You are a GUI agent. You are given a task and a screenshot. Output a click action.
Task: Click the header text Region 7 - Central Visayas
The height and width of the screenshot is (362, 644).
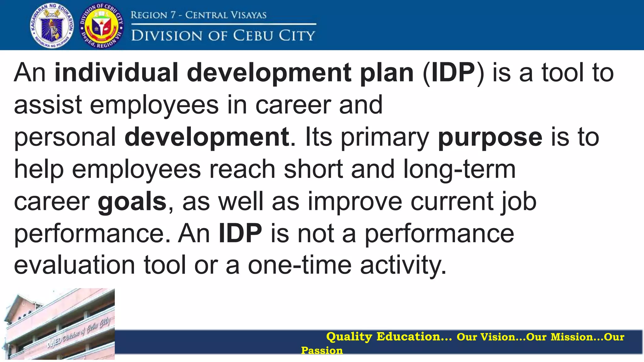click(198, 15)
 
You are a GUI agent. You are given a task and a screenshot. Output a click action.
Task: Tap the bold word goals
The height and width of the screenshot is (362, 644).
click(132, 202)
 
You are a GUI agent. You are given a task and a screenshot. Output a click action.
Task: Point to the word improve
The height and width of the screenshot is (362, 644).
click(355, 202)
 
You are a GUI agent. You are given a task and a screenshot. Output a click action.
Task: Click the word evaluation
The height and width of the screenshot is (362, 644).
click(75, 265)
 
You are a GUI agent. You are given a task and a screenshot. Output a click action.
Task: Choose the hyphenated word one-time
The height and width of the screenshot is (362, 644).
click(300, 265)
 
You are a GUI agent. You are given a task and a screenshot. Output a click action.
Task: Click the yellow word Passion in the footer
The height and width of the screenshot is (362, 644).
click(322, 350)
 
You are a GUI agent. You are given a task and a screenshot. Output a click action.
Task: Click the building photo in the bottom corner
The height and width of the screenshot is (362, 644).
click(58, 324)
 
